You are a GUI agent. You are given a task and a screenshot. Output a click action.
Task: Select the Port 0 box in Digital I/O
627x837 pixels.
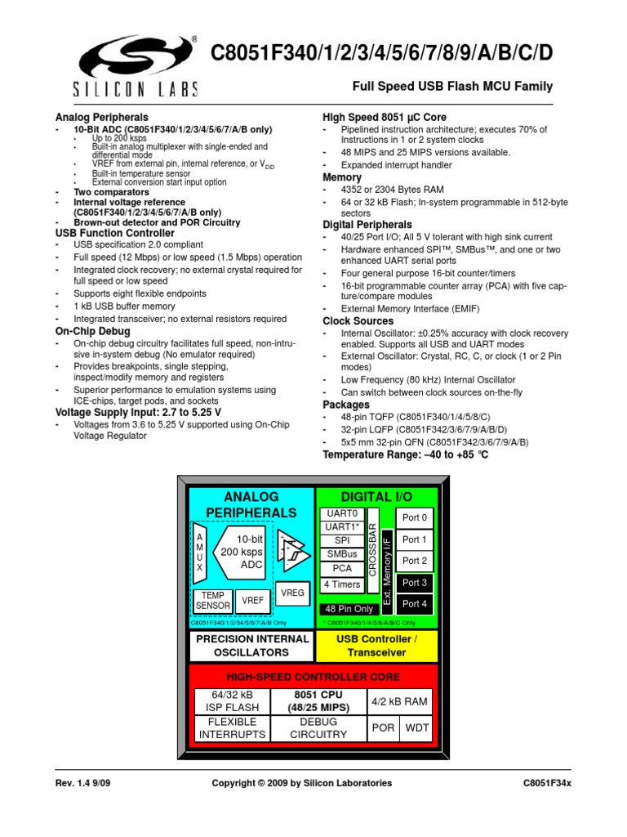(x=415, y=518)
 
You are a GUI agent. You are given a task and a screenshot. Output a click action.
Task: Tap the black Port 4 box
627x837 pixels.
(x=415, y=604)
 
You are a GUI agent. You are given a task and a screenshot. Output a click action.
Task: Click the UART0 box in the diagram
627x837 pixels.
(x=342, y=513)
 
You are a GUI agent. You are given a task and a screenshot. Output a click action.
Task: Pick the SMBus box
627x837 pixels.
(x=342, y=554)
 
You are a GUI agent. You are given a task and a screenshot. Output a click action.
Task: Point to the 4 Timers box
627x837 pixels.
(x=342, y=584)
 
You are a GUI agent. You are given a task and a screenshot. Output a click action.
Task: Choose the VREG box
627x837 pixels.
(x=291, y=593)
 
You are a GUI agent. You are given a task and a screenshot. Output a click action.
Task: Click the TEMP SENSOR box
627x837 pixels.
(x=213, y=601)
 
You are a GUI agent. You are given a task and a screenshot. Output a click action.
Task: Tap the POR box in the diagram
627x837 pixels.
(x=383, y=727)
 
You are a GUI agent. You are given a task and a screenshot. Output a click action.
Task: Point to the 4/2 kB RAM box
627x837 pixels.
(x=399, y=701)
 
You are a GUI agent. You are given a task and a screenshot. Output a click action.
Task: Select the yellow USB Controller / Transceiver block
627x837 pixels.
(x=376, y=646)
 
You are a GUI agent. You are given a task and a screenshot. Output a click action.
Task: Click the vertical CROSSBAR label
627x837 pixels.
(x=372, y=549)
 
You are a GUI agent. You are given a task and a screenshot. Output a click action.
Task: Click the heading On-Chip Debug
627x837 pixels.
(x=92, y=331)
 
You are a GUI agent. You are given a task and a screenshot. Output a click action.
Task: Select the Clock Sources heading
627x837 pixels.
(x=358, y=321)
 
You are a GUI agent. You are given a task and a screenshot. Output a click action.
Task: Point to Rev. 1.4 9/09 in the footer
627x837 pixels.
(x=85, y=782)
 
